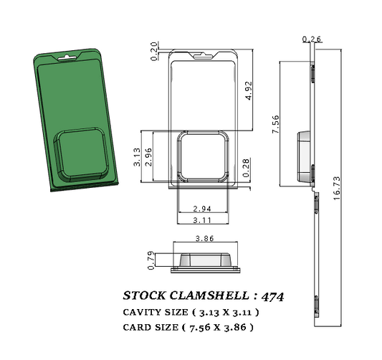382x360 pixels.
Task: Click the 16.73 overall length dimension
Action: (336, 188)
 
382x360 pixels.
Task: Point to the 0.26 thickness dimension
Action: (312, 38)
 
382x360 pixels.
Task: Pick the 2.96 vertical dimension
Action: (148, 157)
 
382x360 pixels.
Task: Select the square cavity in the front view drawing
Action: (204, 157)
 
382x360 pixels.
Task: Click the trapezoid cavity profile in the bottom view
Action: (206, 260)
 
